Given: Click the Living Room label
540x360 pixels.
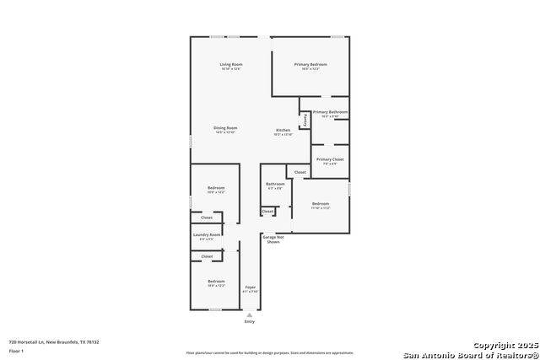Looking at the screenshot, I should click(231, 65).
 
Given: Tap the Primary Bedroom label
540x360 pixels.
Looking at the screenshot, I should click(310, 65).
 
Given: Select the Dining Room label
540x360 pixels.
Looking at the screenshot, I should click(225, 128).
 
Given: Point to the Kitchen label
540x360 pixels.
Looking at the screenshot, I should click(283, 130).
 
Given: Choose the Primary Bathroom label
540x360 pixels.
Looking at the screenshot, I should click(330, 112).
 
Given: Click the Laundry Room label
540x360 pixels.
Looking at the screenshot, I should click(207, 234).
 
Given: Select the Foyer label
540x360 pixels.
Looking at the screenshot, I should click(251, 287).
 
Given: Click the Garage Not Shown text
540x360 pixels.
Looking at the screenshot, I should click(272, 239).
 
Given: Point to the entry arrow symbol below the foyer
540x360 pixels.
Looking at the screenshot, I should click(249, 314).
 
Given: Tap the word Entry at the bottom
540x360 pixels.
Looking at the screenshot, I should click(249, 321).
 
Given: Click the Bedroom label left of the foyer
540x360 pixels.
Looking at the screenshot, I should click(217, 281).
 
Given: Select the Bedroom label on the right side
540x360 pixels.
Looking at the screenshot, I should click(321, 204).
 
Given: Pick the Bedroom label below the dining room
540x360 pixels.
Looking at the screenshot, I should click(217, 188).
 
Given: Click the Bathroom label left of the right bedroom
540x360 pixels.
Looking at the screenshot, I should click(275, 184).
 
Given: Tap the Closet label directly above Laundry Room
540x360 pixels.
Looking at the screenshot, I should click(207, 218).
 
